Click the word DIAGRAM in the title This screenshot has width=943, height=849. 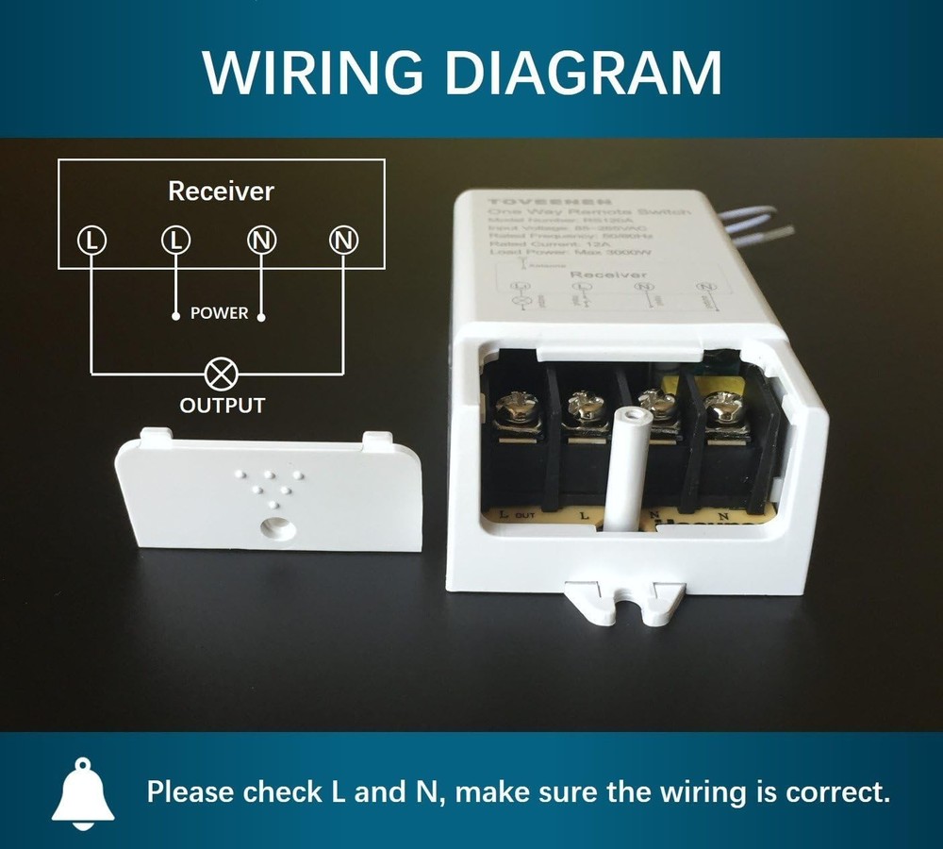[x=585, y=71]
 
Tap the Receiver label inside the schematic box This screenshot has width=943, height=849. [x=221, y=191]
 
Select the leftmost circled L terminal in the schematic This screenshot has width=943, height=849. [x=91, y=241]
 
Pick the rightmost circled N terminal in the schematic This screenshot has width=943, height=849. [x=343, y=241]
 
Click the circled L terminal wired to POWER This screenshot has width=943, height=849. [x=175, y=241]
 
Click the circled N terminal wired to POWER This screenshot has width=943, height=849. [x=261, y=241]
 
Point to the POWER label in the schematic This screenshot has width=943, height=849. [x=219, y=313]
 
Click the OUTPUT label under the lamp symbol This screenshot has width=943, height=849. [x=223, y=407]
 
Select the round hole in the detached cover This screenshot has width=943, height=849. [x=274, y=525]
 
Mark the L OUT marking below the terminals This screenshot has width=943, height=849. [x=518, y=515]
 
